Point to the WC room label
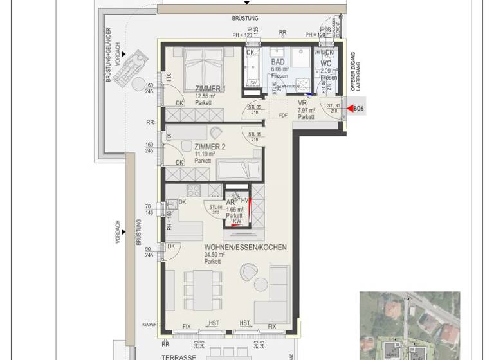[x=326, y=64]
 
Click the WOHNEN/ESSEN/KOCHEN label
[x=245, y=248]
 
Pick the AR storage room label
[x=230, y=202]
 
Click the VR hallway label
[x=303, y=103]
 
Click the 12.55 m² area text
[x=206, y=96]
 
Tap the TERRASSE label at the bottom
[x=160, y=355]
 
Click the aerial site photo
[x=409, y=325]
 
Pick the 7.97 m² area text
[x=306, y=110]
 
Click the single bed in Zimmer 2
[x=238, y=170]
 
